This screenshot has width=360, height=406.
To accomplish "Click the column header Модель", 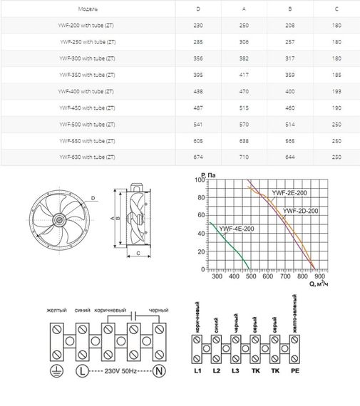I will click(89, 10).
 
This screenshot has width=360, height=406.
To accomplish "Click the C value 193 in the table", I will click(336, 92).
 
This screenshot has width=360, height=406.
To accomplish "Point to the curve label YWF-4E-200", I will click(237, 229).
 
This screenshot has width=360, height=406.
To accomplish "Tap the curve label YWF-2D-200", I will click(300, 211).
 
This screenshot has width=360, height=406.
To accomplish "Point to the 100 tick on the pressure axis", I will click(199, 181).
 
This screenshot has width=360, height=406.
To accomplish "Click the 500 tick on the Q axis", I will click(251, 278).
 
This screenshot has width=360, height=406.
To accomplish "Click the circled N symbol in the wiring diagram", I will click(160, 370).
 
